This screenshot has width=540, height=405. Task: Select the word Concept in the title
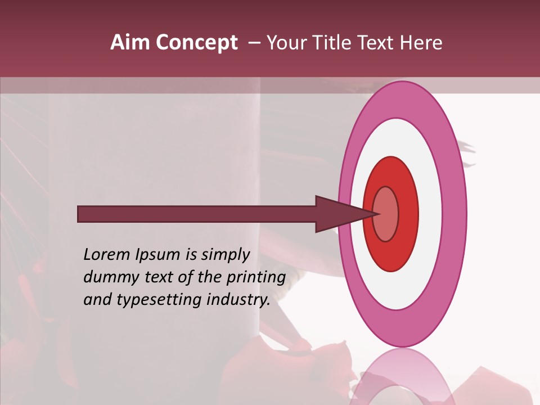tap(196, 43)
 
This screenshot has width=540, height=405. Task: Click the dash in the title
tap(254, 43)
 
